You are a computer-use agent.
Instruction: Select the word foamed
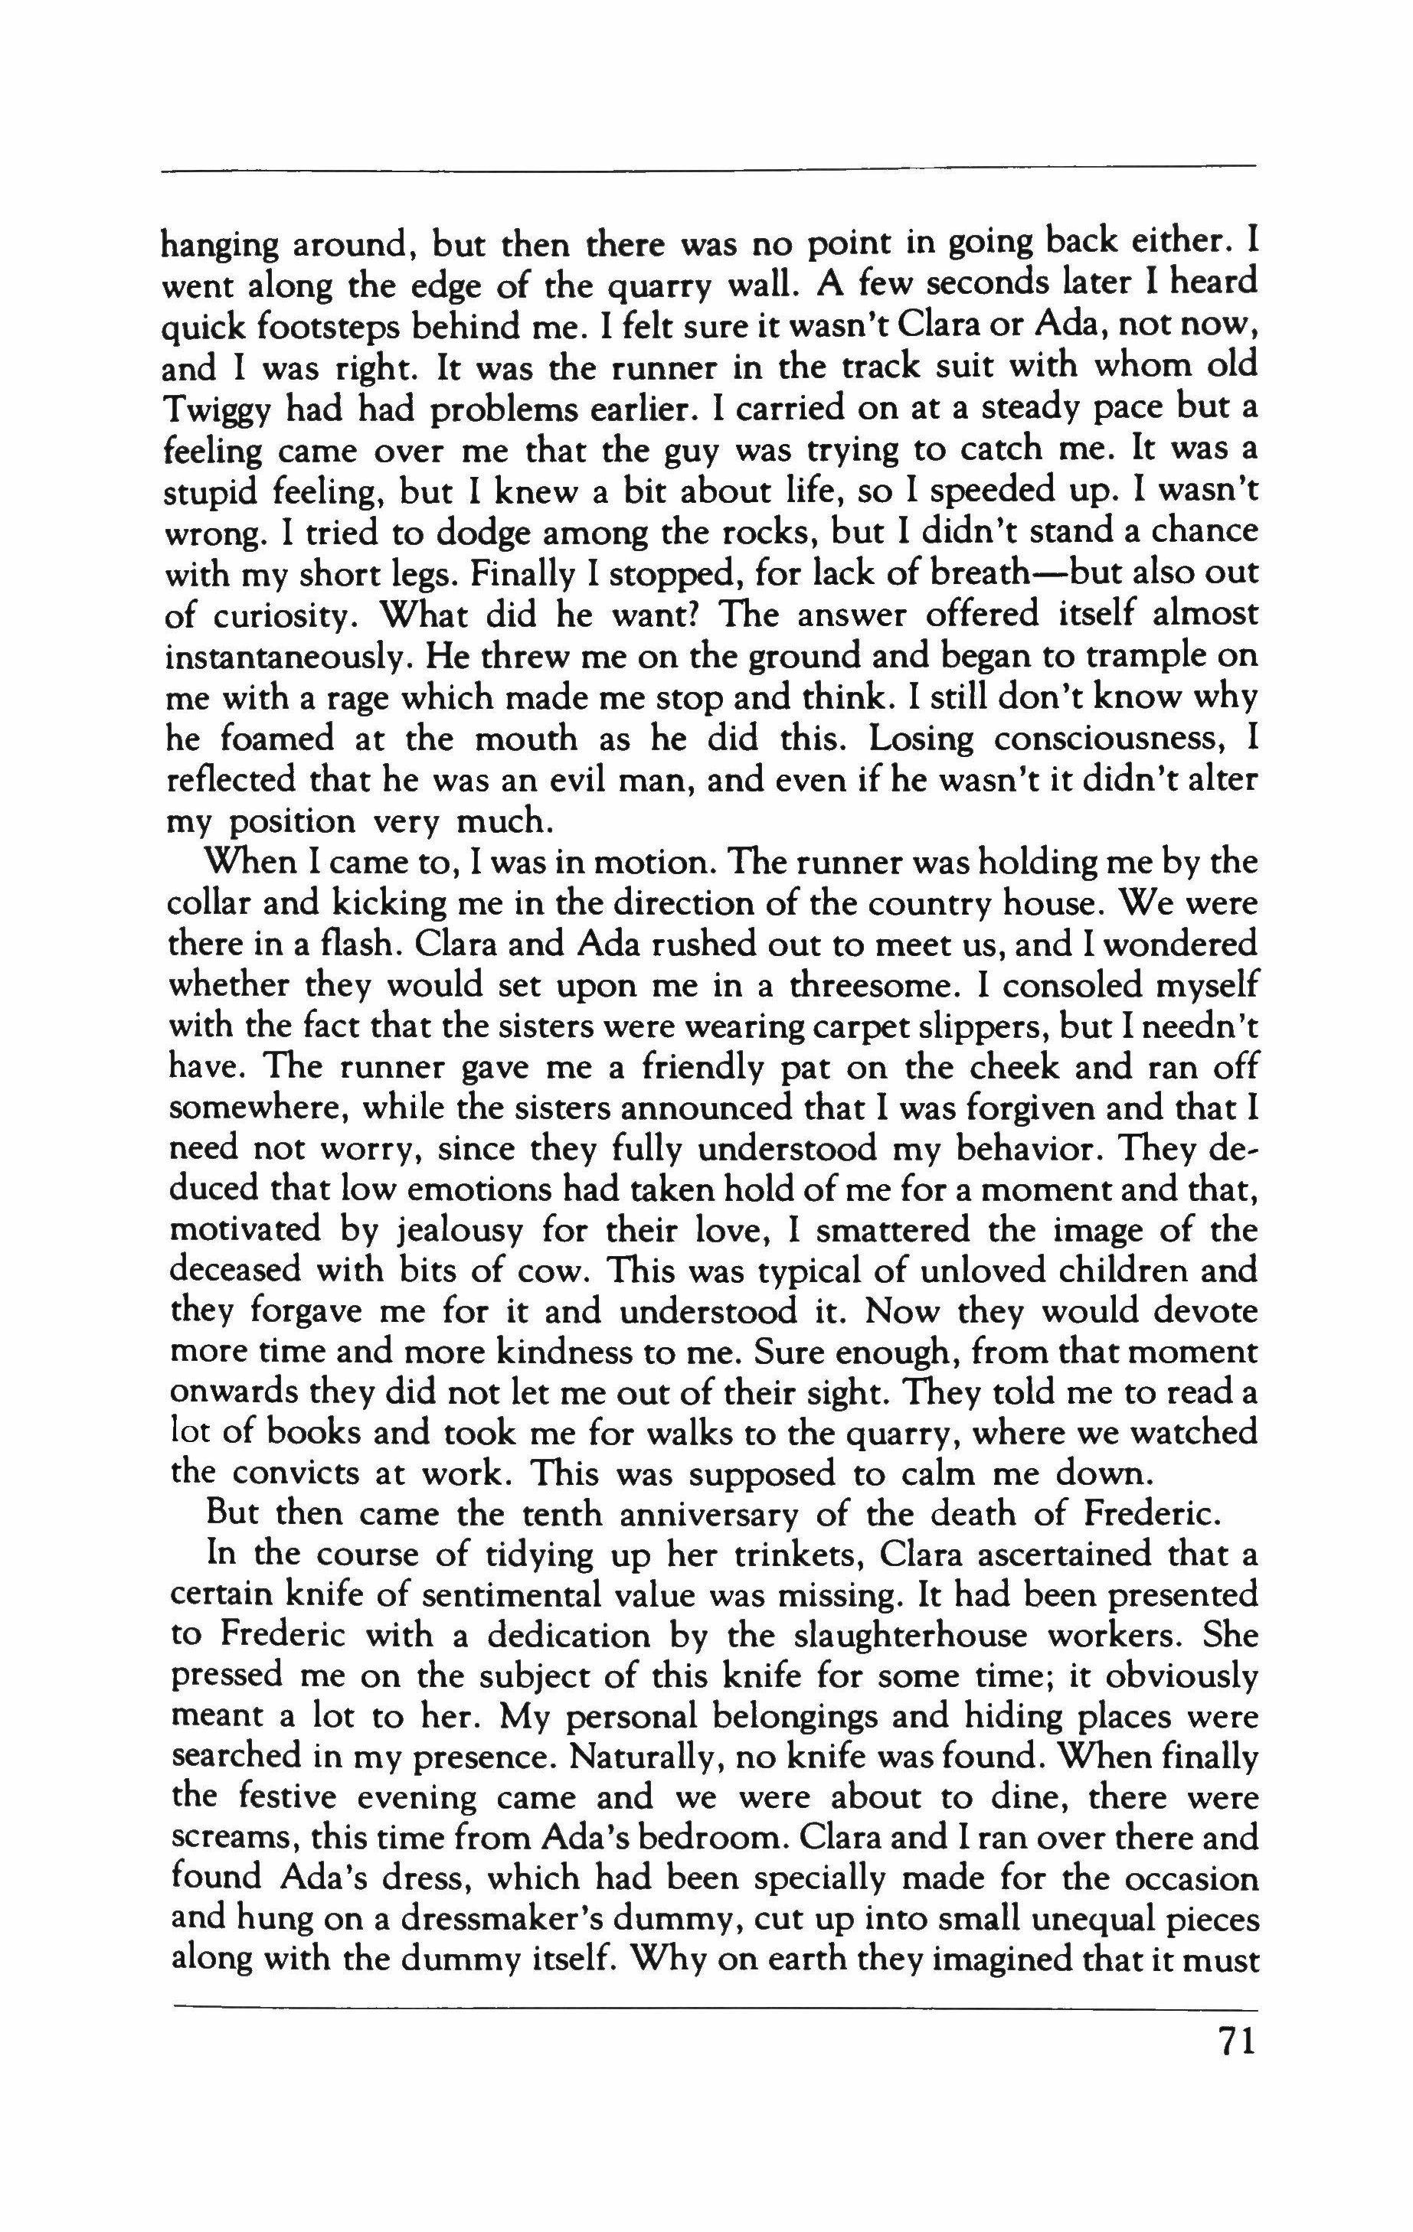(x=277, y=739)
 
